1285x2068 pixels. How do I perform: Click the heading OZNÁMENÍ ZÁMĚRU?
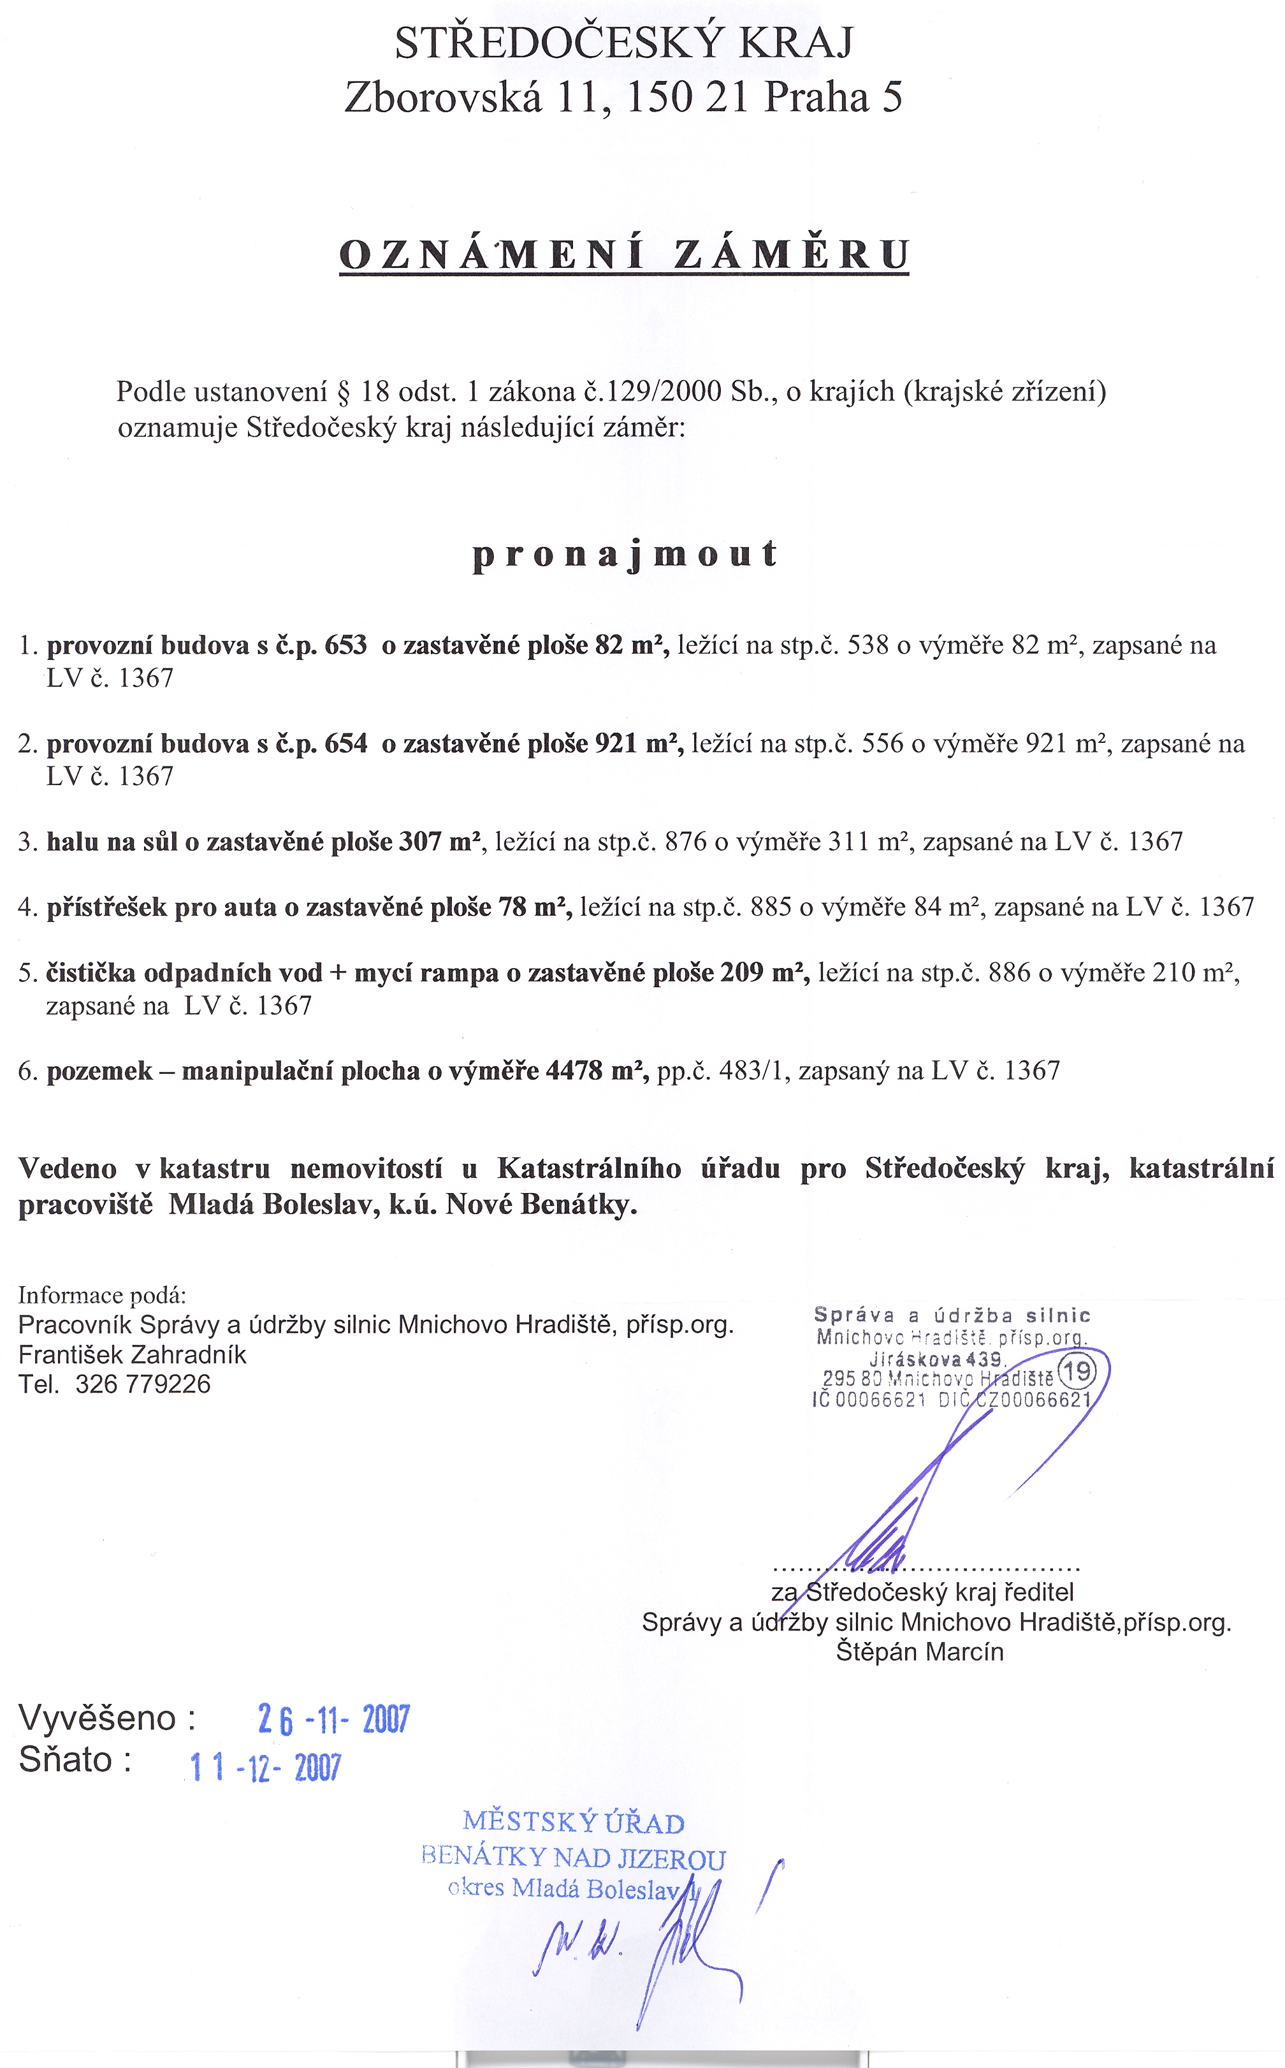click(x=624, y=254)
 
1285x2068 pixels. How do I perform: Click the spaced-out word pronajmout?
click(x=625, y=554)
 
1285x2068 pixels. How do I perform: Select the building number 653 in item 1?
click(x=346, y=645)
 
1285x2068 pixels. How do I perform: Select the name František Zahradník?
click(x=133, y=1354)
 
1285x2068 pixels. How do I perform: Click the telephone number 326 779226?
click(x=143, y=1384)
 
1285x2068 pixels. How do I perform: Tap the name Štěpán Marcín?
click(x=920, y=1652)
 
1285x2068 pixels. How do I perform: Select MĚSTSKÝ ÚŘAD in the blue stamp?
click(x=574, y=1823)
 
